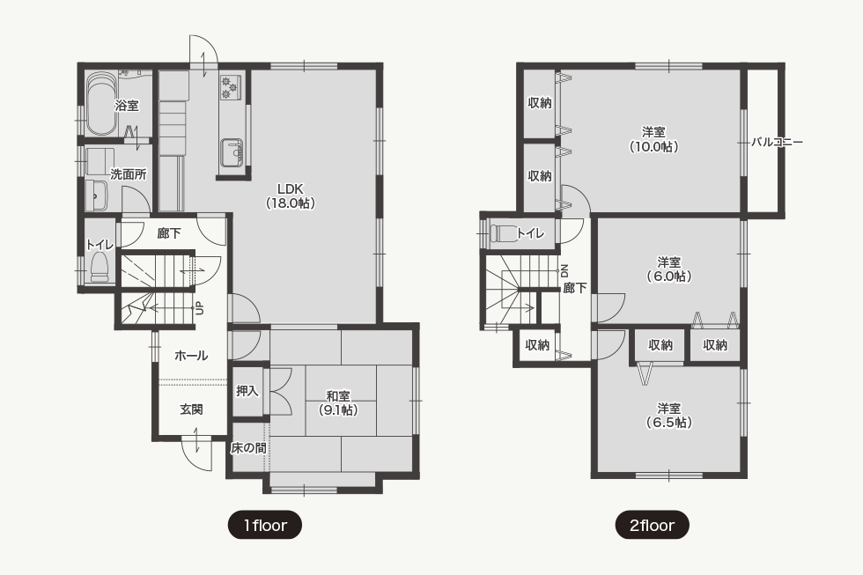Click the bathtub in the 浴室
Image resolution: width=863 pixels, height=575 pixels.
100,104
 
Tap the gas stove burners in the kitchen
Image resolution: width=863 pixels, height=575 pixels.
231,86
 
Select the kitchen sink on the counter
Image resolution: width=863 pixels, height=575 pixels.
232,152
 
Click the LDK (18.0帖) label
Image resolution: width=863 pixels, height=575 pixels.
291,195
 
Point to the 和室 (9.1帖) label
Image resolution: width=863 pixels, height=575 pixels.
338,402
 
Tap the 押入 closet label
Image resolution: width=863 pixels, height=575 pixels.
247,391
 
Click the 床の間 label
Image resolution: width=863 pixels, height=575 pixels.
248,448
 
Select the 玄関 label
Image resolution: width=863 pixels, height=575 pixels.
191,409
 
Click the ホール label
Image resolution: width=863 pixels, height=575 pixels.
191,356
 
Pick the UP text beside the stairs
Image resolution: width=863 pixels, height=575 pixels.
200,309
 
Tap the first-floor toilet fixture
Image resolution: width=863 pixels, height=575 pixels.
100,267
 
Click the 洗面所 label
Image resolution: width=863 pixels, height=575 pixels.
129,174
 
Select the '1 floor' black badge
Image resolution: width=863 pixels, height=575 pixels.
265,526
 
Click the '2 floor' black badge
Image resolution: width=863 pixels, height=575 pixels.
653,526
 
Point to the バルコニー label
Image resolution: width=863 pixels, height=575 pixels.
777,142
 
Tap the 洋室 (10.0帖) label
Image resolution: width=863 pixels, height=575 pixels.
653,139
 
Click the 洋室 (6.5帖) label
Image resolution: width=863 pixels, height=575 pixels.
668,416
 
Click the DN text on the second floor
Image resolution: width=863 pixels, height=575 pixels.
564,270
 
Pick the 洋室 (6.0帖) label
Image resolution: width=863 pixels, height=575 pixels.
668,269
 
